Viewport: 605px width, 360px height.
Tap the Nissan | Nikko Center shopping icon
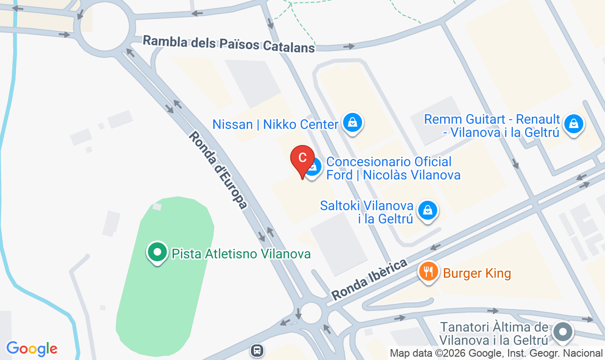[x=353, y=122]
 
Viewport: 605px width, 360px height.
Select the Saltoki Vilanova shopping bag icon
[x=428, y=209]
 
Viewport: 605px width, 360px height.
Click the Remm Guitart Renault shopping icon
[x=573, y=124]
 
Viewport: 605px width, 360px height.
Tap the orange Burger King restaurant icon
[x=428, y=272]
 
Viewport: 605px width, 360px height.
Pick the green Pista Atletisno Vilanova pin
[x=157, y=252]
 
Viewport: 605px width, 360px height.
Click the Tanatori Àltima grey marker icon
[x=562, y=331]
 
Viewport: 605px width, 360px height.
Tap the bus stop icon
[x=257, y=351]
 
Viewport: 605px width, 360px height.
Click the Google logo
[x=32, y=349]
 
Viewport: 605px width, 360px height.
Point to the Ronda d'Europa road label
[x=218, y=170]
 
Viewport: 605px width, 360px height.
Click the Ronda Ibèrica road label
[x=369, y=279]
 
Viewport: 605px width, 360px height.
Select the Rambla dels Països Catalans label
[x=229, y=44]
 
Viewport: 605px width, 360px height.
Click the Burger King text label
[x=477, y=273]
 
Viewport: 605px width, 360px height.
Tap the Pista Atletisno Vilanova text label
[x=241, y=254]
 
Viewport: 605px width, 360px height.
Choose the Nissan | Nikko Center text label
[x=275, y=125]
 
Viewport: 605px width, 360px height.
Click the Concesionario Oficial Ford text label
[x=393, y=169]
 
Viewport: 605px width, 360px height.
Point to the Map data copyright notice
[x=496, y=353]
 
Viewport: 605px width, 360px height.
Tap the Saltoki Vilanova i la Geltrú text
[x=367, y=212]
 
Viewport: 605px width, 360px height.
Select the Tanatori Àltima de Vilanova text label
[x=494, y=334]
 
